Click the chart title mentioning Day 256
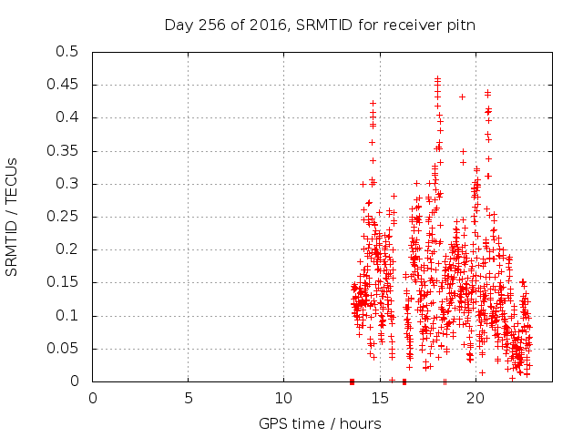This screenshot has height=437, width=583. [x=320, y=25]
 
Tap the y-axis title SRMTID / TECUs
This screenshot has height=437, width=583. [x=13, y=217]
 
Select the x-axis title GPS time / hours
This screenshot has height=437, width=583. [x=320, y=423]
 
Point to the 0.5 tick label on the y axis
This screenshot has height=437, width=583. [x=68, y=52]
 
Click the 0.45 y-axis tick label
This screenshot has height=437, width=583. [x=65, y=85]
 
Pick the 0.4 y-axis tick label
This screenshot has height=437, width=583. [x=68, y=117]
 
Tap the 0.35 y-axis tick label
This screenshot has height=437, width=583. [x=65, y=151]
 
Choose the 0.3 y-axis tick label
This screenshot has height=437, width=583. [x=68, y=184]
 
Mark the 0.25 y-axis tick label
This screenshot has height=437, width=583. [x=65, y=217]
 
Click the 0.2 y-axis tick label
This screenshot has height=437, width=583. [x=68, y=249]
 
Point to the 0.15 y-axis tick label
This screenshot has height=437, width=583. [x=65, y=283]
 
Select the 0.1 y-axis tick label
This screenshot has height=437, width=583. [x=68, y=316]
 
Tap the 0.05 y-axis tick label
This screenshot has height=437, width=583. [x=65, y=349]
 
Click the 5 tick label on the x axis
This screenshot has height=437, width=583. [x=189, y=398]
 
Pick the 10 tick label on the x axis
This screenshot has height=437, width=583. [x=283, y=398]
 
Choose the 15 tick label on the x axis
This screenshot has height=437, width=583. [x=379, y=398]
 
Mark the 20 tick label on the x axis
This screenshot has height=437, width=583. [x=475, y=398]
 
